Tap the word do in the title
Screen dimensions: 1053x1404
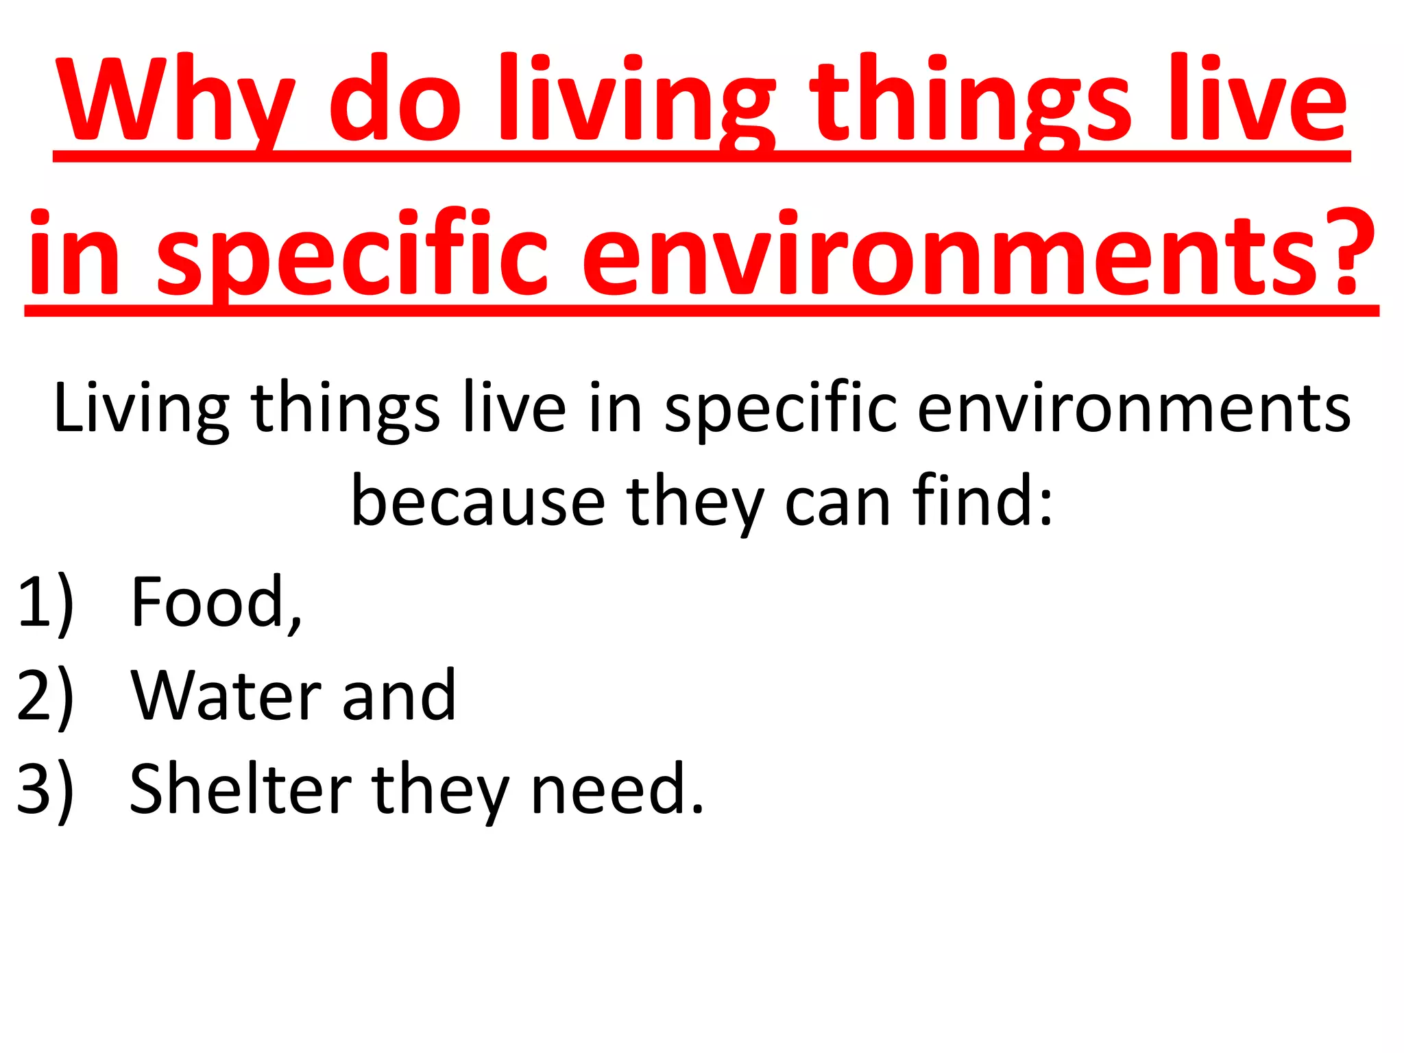click(395, 99)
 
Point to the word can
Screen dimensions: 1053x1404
click(837, 504)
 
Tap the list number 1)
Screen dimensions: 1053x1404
click(45, 603)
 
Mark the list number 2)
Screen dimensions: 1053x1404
click(45, 696)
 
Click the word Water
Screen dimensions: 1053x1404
click(226, 696)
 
